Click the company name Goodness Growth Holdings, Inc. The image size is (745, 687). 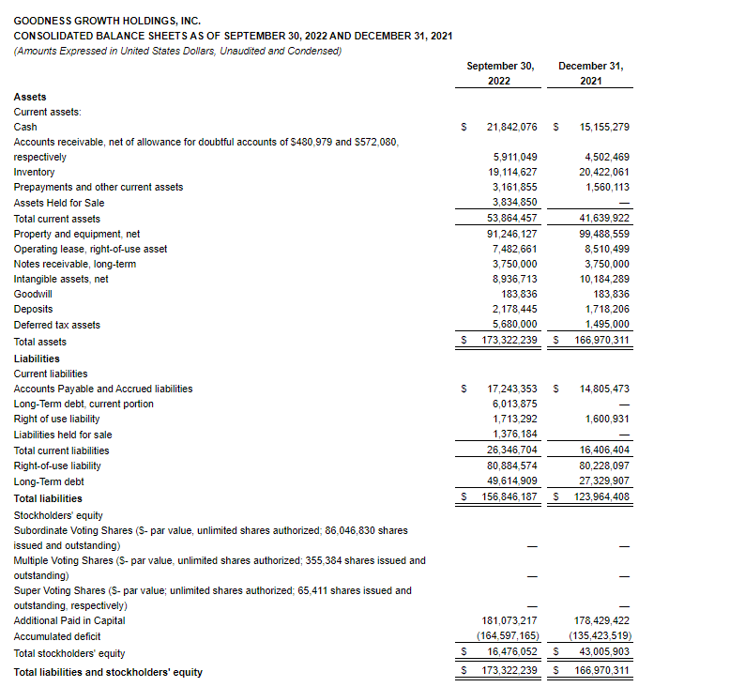(107, 20)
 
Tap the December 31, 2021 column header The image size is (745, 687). (590, 73)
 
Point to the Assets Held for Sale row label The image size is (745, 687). (59, 203)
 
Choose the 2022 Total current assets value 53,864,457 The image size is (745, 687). (510, 219)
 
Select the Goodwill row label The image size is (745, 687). (33, 294)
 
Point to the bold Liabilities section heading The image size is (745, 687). (37, 359)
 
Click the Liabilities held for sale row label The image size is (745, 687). (63, 435)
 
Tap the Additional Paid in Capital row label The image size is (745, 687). (69, 620)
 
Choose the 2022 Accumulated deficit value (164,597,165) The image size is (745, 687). (508, 636)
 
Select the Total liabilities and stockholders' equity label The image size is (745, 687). (108, 672)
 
